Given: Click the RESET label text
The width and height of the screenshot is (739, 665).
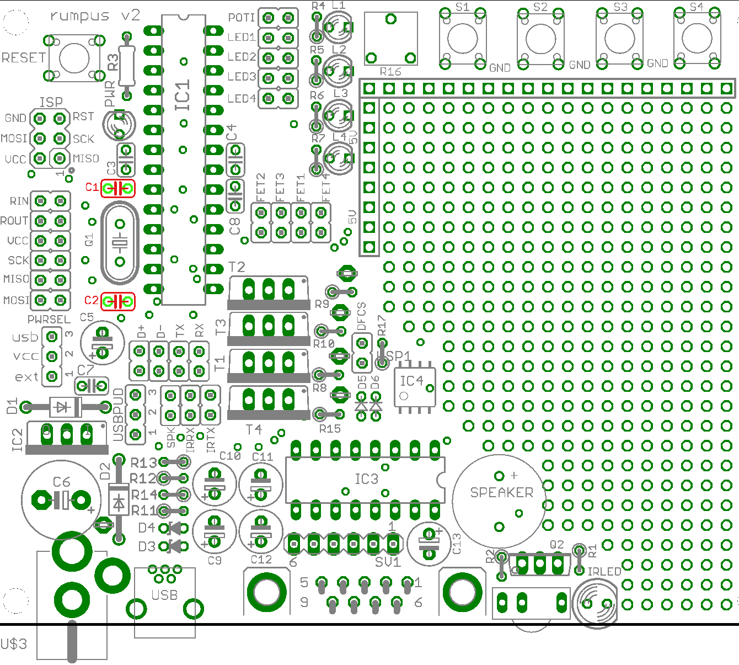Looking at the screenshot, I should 23,58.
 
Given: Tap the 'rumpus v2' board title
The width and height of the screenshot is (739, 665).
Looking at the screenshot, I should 95,16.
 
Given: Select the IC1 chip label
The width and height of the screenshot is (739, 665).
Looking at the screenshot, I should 183,95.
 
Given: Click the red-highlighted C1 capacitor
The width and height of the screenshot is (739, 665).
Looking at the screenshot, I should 118,188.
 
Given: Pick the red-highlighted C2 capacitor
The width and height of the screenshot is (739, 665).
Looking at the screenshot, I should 118,302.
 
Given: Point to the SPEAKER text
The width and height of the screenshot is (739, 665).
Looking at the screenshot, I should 501,492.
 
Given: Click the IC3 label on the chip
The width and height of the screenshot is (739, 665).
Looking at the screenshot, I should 366,479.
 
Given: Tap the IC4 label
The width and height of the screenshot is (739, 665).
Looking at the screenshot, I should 411,381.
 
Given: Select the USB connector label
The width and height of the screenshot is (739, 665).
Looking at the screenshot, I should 164,595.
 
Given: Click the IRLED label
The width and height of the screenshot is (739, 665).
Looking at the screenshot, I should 604,572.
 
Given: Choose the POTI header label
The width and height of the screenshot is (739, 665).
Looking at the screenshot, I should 242,18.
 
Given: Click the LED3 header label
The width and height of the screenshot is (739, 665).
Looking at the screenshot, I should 242,77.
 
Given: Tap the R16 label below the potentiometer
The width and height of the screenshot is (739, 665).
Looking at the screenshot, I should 390,72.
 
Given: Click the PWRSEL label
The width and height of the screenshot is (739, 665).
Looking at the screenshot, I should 49,320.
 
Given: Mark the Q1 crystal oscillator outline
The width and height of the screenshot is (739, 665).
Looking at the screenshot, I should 119,242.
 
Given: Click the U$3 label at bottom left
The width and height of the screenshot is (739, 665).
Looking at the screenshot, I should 14,644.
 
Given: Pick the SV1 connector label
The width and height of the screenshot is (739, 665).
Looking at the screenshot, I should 388,562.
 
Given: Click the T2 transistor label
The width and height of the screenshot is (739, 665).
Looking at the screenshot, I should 237,267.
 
